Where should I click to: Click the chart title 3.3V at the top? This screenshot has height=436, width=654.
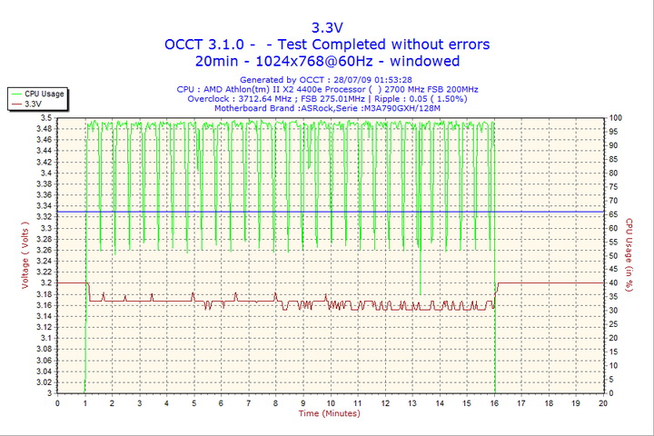click(326, 26)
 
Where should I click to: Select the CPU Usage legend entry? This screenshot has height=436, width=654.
click(44, 94)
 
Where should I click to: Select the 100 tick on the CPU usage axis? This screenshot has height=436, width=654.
click(615, 118)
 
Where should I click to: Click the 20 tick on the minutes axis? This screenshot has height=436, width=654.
click(603, 403)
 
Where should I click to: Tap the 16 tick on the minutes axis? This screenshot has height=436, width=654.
click(494, 403)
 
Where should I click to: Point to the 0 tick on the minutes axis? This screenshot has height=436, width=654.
click(57, 403)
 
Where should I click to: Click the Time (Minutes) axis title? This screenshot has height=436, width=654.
click(329, 414)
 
